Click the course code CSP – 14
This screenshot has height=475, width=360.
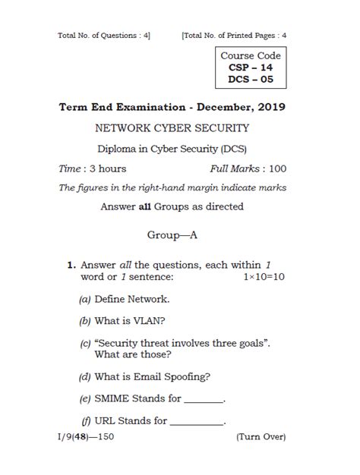[250, 68]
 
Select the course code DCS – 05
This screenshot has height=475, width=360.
[250, 80]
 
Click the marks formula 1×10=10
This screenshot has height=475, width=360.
[264, 277]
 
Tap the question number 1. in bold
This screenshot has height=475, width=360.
[71, 265]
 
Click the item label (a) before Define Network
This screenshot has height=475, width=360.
[84, 300]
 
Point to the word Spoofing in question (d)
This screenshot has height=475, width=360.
[187, 376]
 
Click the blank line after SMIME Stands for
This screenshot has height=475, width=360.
[204, 400]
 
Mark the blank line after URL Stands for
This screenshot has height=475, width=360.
[197, 422]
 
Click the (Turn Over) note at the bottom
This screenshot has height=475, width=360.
[261, 438]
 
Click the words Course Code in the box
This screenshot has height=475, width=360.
[250, 55]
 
